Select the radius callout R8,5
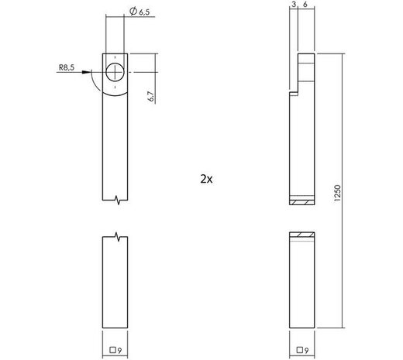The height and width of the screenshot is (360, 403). (x=67, y=68)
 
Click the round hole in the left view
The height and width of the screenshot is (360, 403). (x=115, y=72)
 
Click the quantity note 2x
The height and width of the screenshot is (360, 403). (x=205, y=178)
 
